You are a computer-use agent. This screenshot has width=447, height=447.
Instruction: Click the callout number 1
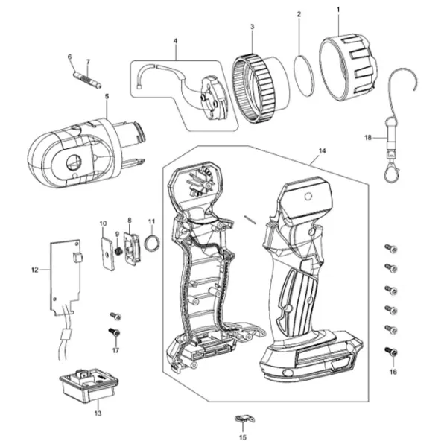pos(337,10)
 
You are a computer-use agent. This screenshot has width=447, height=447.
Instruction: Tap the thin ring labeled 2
pos(303,72)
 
